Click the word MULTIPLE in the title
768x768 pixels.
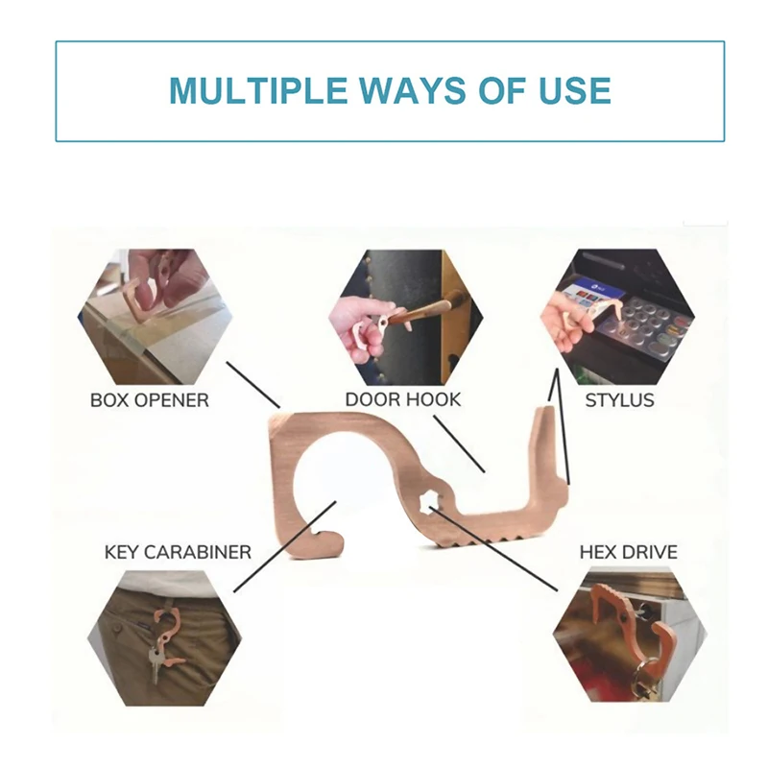point(257,90)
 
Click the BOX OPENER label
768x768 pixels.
point(150,400)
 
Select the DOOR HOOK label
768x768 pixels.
point(402,399)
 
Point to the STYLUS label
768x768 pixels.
point(619,400)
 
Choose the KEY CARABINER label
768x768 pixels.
point(178,553)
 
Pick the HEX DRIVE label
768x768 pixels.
point(629,553)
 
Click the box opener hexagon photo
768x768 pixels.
point(154,317)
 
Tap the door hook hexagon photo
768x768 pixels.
point(405,317)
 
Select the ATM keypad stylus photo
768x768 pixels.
point(618,317)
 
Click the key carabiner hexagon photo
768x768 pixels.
point(164,637)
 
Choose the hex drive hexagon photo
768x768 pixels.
point(631,635)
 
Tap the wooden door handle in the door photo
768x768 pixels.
point(426,308)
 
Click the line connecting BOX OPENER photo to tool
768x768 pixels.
point(252,385)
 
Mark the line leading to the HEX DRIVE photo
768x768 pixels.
point(494,548)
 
